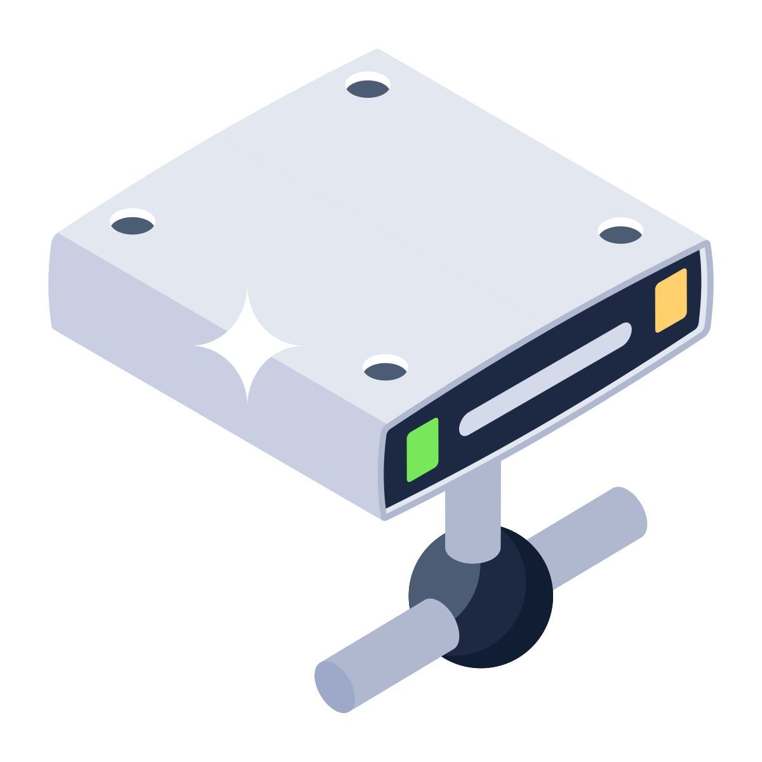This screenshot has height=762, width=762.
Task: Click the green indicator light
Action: point(423,450)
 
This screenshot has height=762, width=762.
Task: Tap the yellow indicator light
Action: point(671,300)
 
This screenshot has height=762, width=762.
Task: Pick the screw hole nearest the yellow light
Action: point(621,232)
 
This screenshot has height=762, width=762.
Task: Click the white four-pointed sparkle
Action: point(248,346)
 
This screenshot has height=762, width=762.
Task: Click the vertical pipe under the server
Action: point(472,508)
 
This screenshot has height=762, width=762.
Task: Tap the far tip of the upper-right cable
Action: point(631,508)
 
